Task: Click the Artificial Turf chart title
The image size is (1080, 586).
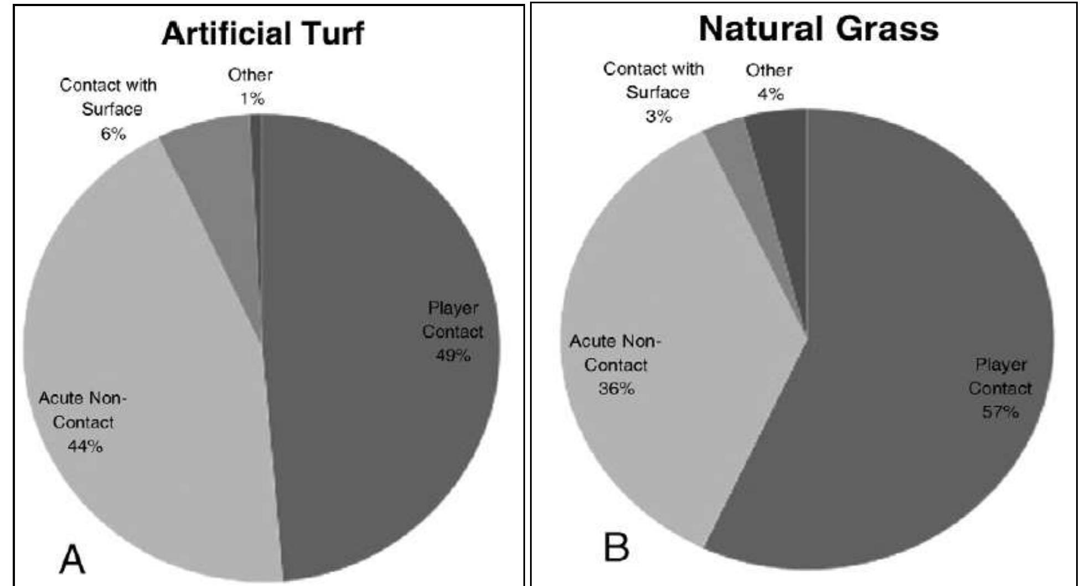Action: [263, 33]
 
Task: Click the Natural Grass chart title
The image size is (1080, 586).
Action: [818, 29]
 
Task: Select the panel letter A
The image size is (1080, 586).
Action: [72, 559]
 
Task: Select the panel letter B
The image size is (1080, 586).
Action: [616, 546]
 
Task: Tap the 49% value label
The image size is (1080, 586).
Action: [453, 355]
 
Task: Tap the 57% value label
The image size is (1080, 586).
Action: [1000, 412]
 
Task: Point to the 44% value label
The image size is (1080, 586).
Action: [85, 446]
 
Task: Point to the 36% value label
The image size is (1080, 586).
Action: [616, 388]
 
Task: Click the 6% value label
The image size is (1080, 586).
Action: [113, 133]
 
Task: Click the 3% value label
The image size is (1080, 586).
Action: [658, 116]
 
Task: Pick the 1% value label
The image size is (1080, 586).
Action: [252, 99]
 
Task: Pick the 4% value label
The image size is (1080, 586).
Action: [770, 95]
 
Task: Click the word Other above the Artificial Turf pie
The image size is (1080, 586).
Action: [250, 75]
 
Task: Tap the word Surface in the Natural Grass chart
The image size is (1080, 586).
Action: [657, 92]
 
